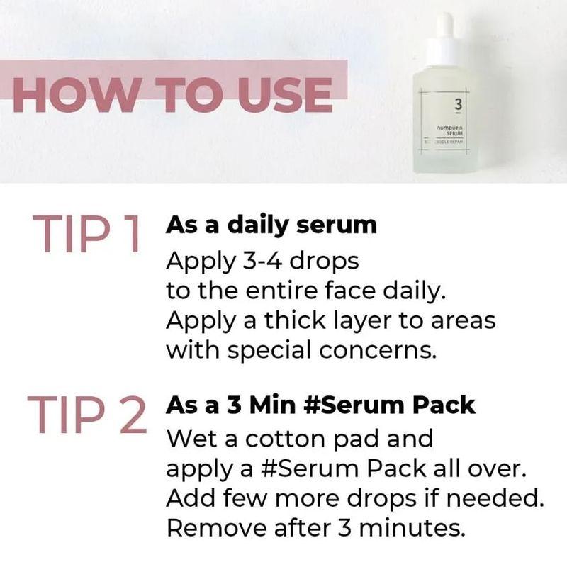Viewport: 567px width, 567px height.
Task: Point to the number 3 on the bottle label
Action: [x=457, y=106]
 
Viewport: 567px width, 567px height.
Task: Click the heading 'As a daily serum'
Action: [x=271, y=225]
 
